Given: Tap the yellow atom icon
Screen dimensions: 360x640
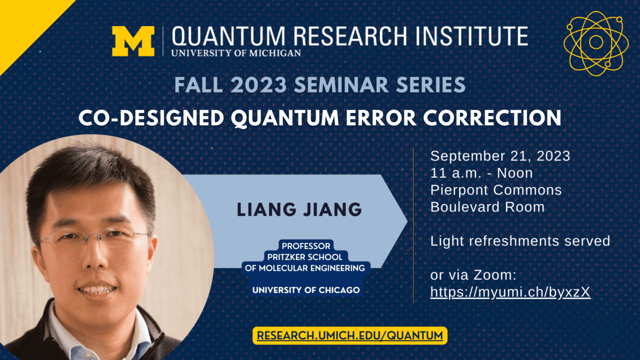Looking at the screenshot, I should point(595,43).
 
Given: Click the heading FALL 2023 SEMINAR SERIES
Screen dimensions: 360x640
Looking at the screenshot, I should point(320,85).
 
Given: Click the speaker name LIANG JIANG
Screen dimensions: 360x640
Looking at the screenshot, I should point(299,209).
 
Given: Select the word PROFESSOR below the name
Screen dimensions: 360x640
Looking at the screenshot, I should point(306,246).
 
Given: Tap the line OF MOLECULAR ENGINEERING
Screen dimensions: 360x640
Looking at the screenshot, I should point(305,268).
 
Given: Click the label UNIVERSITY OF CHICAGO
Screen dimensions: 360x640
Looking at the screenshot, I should point(306,290).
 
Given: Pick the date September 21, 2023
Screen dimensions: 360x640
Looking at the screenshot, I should point(500,156).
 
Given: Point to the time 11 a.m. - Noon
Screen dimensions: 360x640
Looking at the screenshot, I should point(481,173).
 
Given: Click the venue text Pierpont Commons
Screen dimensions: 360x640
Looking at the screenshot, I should point(496,190).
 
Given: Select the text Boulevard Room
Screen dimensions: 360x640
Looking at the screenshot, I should point(487,207).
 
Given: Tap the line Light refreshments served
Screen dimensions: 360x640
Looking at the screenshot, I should point(520,241).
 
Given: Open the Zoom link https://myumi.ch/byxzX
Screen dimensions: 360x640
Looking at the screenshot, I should point(510,292).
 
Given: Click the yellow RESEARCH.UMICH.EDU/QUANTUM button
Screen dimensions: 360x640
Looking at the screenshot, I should point(350,335).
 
